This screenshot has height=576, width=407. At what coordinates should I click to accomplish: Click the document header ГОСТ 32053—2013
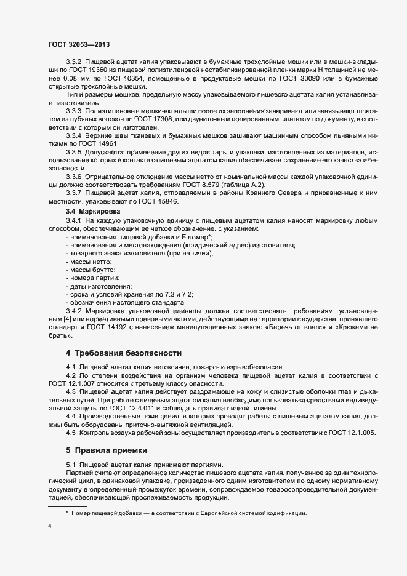(79, 45)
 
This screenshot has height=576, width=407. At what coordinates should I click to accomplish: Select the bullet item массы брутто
(93, 270)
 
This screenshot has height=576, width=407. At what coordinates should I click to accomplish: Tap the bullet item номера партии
(95, 278)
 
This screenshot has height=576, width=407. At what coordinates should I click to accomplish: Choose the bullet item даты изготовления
(100, 286)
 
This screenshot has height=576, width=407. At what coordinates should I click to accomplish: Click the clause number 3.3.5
(74, 151)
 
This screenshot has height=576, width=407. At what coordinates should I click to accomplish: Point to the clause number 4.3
(71, 391)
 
